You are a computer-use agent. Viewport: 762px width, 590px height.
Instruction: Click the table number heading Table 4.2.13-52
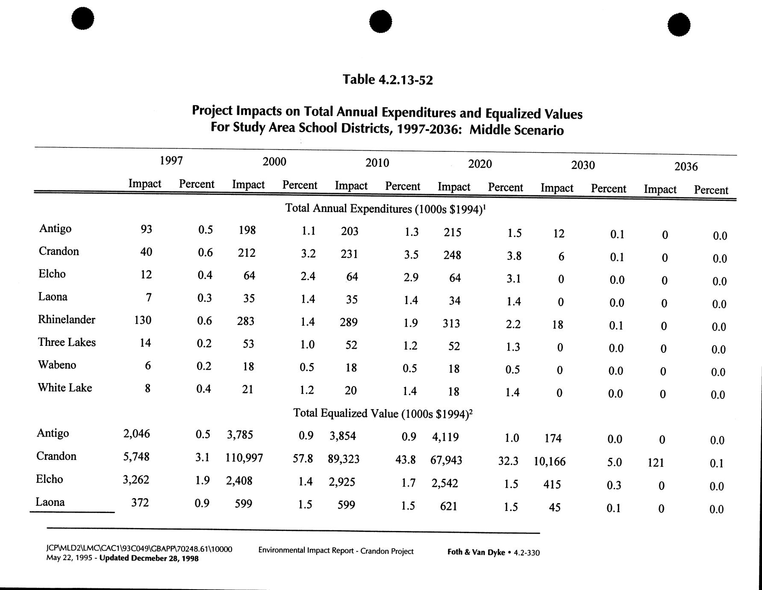[x=388, y=80]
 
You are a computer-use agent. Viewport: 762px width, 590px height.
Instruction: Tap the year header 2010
[x=377, y=163]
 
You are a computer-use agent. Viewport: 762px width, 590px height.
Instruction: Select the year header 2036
[x=686, y=166]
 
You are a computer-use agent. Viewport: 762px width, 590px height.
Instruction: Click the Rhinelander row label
[x=67, y=320]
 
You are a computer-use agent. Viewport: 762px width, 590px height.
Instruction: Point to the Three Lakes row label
[x=67, y=342]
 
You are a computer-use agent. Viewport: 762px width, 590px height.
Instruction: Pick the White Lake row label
[x=65, y=388]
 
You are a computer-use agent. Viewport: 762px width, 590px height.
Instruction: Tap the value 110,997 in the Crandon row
[x=244, y=458]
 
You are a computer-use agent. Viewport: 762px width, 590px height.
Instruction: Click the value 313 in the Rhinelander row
[x=451, y=323]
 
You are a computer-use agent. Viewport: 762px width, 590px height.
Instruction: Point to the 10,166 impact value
[x=550, y=462]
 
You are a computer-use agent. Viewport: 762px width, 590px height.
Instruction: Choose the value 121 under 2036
[x=656, y=463]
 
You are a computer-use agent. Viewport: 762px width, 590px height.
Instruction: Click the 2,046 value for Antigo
[x=137, y=434]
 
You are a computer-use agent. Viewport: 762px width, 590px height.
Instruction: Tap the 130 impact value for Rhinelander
[x=143, y=320]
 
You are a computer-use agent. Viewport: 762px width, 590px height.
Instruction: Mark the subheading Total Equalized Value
[x=382, y=413]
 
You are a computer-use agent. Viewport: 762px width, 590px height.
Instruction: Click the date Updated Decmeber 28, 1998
[x=149, y=558]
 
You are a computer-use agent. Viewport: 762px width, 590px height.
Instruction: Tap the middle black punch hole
[x=380, y=22]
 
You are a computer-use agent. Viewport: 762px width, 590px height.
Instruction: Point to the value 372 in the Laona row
[x=140, y=503]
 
